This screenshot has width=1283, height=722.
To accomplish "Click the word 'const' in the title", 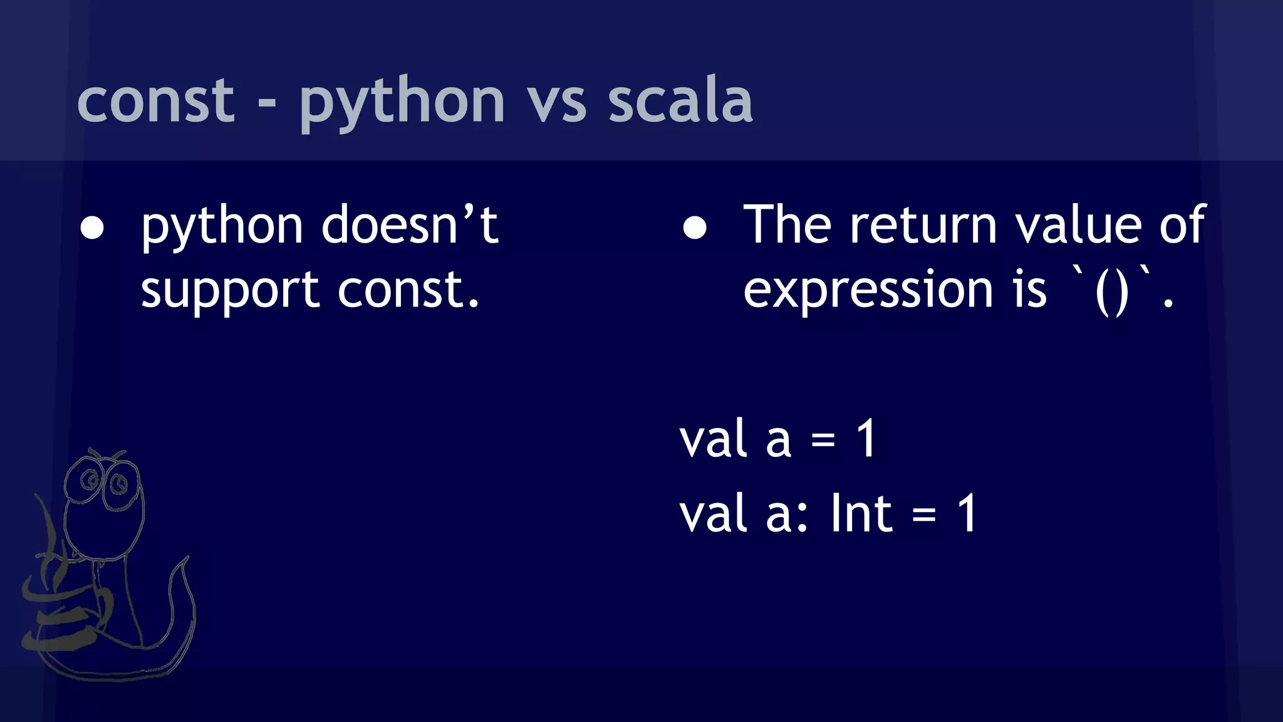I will (x=155, y=100).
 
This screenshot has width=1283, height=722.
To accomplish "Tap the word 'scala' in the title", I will (x=680, y=100).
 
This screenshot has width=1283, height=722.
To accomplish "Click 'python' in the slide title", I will (x=402, y=103).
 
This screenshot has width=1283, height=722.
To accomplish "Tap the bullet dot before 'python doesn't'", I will (x=93, y=229).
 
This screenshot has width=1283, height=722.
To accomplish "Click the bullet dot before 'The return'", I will (x=695, y=229).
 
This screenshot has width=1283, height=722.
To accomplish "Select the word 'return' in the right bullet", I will (x=923, y=226).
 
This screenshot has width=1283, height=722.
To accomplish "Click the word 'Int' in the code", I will (x=861, y=514).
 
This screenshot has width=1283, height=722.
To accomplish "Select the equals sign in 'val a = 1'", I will (x=823, y=441).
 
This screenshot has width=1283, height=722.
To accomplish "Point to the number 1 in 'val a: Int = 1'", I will (x=967, y=514).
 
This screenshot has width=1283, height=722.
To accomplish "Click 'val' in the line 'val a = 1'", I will (x=714, y=440).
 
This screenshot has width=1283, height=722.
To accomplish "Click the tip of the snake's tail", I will (x=186, y=558).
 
